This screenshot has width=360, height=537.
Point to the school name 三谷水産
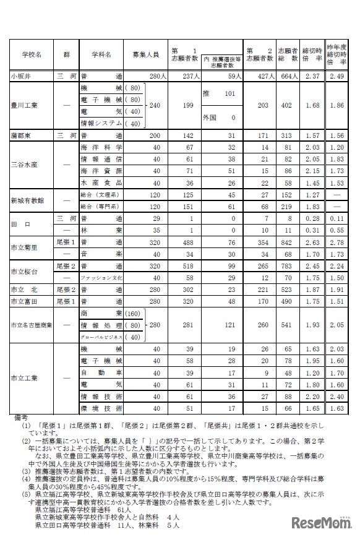[x=26, y=165]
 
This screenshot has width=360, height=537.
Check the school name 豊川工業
[x=26, y=106]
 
